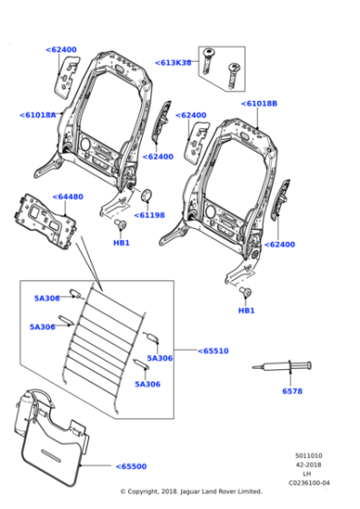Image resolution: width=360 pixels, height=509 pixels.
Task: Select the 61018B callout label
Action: tap(259, 104)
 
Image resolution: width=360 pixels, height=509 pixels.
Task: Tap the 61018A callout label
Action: tap(37, 115)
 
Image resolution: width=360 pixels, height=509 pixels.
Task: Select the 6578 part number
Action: tap(292, 391)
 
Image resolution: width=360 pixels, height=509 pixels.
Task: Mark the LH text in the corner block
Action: tap(306, 474)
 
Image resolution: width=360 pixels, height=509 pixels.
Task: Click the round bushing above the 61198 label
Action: tap(144, 195)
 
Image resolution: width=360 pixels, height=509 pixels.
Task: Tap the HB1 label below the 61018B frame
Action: tap(245, 311)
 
